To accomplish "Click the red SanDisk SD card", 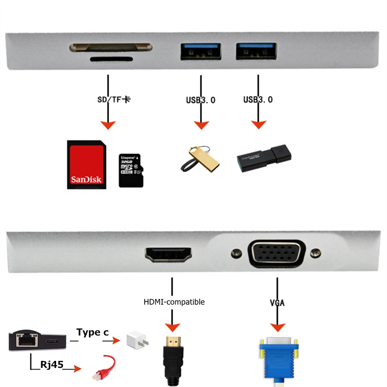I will [x=86, y=164].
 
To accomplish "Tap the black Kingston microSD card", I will [x=131, y=170].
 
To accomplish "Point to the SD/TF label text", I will [x=114, y=100].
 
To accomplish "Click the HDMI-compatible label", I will [x=174, y=302].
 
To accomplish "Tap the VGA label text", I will [x=277, y=303].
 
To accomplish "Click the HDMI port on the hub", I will [x=168, y=254].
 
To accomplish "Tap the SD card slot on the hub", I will [x=111, y=48].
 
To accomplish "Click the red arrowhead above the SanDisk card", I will [x=109, y=125].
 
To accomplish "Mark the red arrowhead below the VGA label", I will [x=277, y=327].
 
